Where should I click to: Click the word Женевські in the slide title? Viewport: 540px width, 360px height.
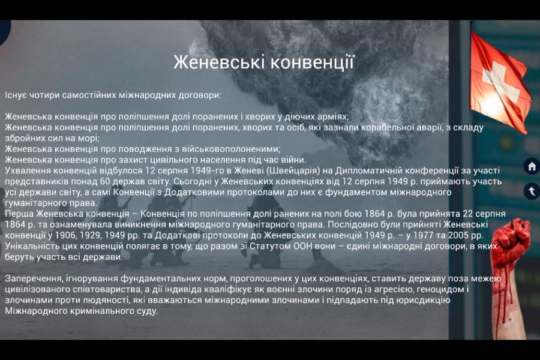219,62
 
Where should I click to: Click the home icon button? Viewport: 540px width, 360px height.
532,167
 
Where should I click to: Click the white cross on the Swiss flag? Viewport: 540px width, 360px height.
500,82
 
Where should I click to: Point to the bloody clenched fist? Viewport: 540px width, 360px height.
511,241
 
